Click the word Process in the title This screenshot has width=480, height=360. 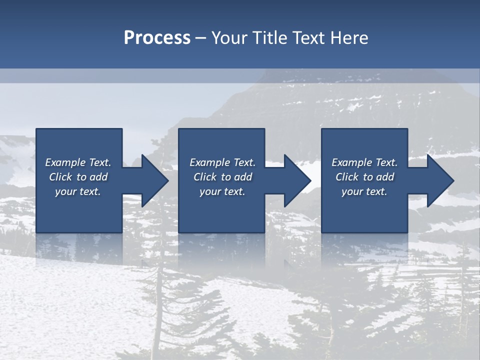point(157,38)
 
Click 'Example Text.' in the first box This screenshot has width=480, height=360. point(78,162)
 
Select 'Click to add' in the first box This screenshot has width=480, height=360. point(78,177)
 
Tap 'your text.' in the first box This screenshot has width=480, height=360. point(78,191)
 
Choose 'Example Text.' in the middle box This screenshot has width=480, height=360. point(222,162)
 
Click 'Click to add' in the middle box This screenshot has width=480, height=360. point(222,177)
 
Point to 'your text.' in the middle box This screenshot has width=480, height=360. point(222,191)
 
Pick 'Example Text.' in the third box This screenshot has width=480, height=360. point(364,162)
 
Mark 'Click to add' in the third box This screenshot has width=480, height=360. point(364,177)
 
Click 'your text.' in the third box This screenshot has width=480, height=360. point(364,191)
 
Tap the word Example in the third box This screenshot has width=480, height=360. point(351,162)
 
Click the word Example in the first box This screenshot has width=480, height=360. point(65,162)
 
